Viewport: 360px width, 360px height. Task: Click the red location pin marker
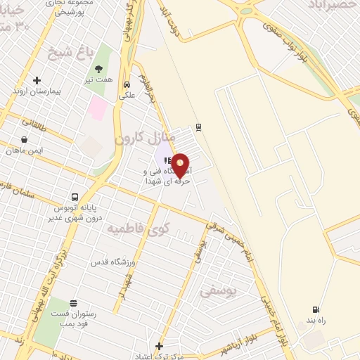[x=181, y=165]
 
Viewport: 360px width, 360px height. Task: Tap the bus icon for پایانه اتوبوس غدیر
[x=75, y=197]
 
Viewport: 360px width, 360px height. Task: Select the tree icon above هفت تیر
[x=98, y=69]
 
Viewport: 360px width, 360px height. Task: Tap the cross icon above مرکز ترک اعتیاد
[x=160, y=347]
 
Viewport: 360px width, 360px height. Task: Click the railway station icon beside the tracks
[x=198, y=127]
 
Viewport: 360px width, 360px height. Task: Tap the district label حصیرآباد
[x=333, y=5]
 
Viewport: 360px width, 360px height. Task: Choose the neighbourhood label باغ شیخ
[x=60, y=51]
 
